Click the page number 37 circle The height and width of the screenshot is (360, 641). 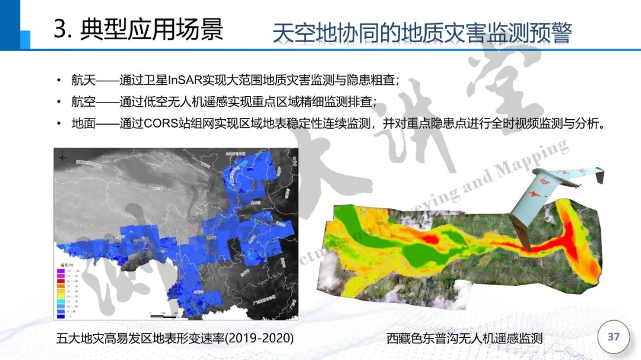pos(614,337)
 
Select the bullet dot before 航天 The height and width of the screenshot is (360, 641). pos(58,81)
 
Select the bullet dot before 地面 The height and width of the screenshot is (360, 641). pos(58,125)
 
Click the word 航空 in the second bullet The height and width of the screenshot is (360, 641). pos(84,102)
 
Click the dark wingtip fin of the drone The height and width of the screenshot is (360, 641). pos(599,176)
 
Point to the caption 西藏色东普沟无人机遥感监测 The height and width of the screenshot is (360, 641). pos(465,339)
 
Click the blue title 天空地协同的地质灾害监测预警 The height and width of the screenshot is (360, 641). pos(421,33)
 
